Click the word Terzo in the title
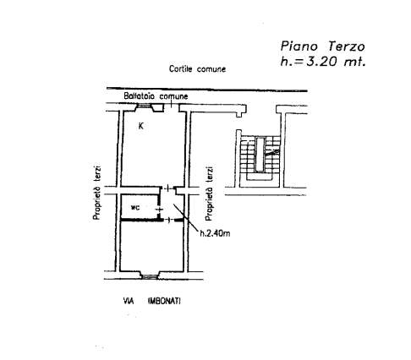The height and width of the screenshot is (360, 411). (x=347, y=46)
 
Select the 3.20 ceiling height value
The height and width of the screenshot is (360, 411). (x=321, y=61)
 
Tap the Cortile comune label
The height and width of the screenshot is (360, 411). (x=197, y=69)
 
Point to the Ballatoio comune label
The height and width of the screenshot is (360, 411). (x=156, y=96)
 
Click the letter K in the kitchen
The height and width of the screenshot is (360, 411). (x=141, y=126)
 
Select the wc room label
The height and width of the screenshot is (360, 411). (x=135, y=208)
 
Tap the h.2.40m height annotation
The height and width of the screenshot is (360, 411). (x=215, y=233)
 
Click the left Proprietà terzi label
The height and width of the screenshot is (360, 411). (x=97, y=193)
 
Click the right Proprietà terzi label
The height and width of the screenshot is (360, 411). (x=209, y=194)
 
